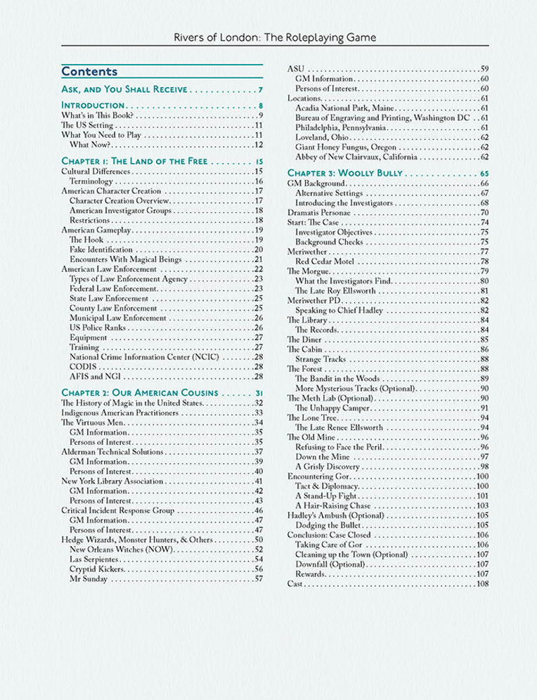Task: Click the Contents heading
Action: click(x=89, y=72)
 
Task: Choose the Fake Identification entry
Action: click(x=101, y=249)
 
